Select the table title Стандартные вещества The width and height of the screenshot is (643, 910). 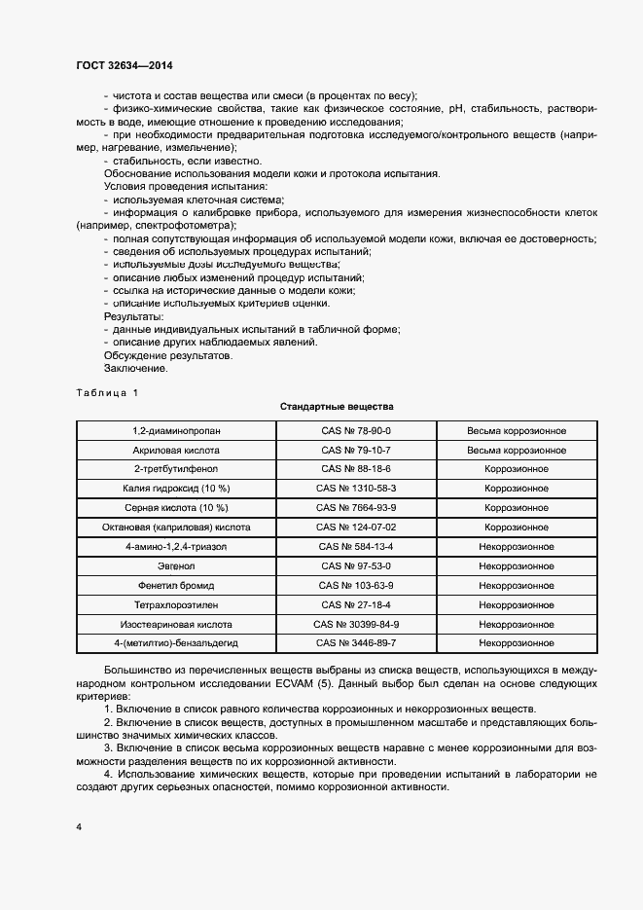click(336, 405)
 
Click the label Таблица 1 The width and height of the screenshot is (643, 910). click(107, 391)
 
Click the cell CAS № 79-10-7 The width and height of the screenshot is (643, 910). click(356, 450)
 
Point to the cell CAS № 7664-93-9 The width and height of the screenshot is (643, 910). click(356, 508)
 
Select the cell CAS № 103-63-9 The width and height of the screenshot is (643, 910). click(356, 586)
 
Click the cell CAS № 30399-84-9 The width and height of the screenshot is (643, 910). click(356, 624)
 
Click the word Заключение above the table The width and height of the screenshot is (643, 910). click(136, 369)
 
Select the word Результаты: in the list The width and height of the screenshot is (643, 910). click(134, 316)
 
